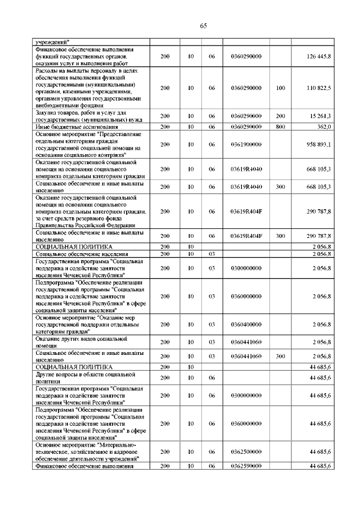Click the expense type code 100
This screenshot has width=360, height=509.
(x=281, y=88)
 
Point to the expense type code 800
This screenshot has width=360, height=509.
(x=281, y=127)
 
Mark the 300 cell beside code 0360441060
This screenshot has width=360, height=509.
(x=281, y=357)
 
